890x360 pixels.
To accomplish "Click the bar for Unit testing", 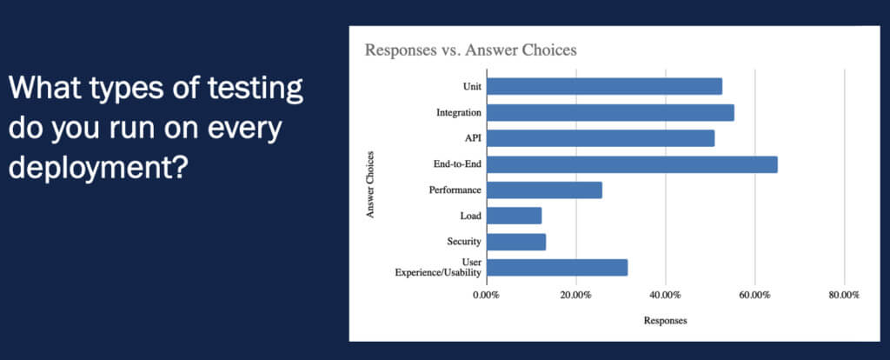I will pyautogui.click(x=604, y=86).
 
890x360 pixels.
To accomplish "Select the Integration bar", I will pyautogui.click(x=610, y=112).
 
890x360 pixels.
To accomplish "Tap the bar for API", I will pyautogui.click(x=601, y=138).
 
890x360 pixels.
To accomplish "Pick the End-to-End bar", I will pyautogui.click(x=632, y=164).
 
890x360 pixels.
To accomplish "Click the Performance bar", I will pyautogui.click(x=544, y=190).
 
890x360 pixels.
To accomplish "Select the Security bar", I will pyautogui.click(x=516, y=242).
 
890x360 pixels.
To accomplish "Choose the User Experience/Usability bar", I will pyautogui.click(x=557, y=268).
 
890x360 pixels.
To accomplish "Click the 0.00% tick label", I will pyautogui.click(x=486, y=296).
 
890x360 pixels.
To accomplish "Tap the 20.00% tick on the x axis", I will pyautogui.click(x=575, y=296).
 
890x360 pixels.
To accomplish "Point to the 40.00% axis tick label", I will pyautogui.click(x=665, y=296).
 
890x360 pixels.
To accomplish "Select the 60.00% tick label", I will pyautogui.click(x=754, y=296).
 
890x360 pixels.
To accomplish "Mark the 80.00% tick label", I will pyautogui.click(x=843, y=296).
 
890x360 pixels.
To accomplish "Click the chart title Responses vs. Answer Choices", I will pyautogui.click(x=470, y=50).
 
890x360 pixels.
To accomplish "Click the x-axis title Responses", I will pyautogui.click(x=665, y=321).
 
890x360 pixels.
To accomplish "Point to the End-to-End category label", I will pyautogui.click(x=457, y=164).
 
